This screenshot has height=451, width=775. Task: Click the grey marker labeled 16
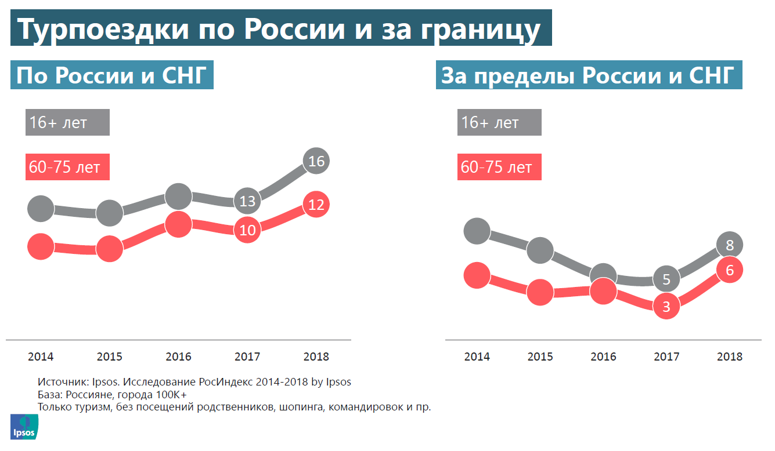pos(316,161)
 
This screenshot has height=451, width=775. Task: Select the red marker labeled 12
pos(316,205)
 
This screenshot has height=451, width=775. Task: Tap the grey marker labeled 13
pos(247,201)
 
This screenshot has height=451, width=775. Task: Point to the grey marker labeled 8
pos(730,245)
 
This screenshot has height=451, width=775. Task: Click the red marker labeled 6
pos(730,270)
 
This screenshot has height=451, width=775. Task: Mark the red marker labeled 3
pos(666,306)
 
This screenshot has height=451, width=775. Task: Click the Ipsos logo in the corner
pos(23,427)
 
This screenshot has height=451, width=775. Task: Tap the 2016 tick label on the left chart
pos(178,357)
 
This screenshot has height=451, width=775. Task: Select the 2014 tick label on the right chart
pos(477,357)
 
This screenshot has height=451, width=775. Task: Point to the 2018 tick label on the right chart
pos(730,357)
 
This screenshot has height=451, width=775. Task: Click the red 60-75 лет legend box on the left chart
pos(67,168)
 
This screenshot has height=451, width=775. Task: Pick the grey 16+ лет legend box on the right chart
pos(499,123)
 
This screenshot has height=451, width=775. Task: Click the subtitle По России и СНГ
pos(112,76)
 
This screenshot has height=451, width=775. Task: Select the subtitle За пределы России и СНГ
pos(589,76)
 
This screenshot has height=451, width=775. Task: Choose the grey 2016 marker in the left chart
pos(178,197)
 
